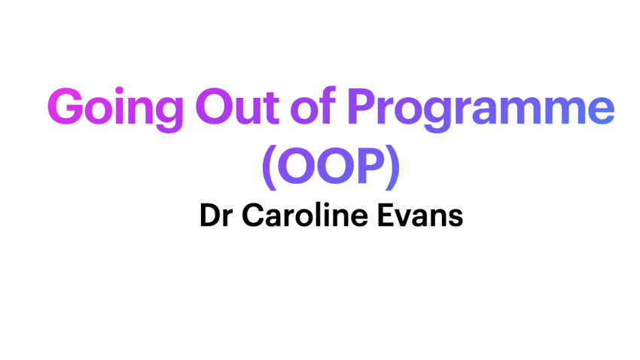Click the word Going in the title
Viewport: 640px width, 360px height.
113,110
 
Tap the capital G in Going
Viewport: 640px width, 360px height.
68,108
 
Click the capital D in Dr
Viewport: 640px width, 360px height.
209,216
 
